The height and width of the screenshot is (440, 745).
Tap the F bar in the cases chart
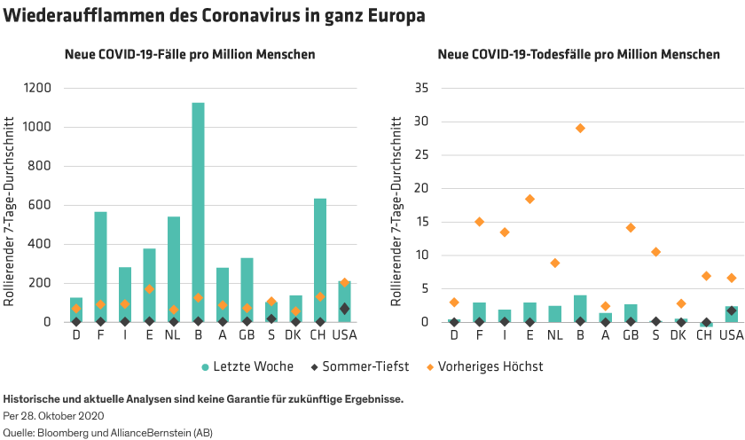(x=100, y=266)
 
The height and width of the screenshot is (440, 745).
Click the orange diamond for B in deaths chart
(x=580, y=128)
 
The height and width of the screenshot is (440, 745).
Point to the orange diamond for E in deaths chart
(x=529, y=199)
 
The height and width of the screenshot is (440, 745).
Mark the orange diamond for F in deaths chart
(x=479, y=222)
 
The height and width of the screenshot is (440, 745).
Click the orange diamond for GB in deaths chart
(x=631, y=228)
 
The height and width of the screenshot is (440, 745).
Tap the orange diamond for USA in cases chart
(x=344, y=282)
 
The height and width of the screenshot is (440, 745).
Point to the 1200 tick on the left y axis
(x=38, y=88)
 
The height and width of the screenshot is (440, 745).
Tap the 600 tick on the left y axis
(x=42, y=205)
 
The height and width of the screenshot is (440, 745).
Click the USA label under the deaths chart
(x=731, y=335)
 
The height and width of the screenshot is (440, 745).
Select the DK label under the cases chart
(x=295, y=335)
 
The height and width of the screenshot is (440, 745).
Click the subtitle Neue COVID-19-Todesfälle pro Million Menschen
(x=578, y=55)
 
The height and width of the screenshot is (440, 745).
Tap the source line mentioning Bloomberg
(x=108, y=432)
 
